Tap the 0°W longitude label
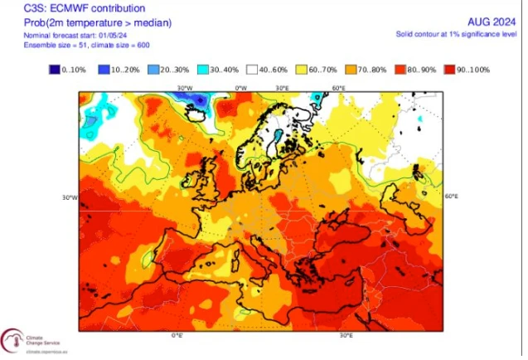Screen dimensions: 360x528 tap(241, 87)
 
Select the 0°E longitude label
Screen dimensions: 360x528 tap(176, 335)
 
